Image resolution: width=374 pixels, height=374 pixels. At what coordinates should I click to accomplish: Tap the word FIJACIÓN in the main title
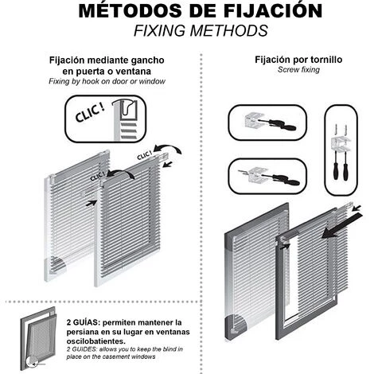(273, 10)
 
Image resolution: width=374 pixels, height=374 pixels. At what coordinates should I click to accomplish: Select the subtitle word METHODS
(229, 30)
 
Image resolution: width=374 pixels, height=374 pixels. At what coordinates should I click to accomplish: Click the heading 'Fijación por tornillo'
(298, 60)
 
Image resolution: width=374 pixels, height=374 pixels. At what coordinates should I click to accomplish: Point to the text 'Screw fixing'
(298, 70)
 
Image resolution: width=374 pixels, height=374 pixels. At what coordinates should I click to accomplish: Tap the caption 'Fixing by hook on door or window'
(107, 81)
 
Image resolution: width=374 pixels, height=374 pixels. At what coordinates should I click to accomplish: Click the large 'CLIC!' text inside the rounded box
(89, 114)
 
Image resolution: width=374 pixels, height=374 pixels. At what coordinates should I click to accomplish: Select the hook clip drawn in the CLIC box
(125, 108)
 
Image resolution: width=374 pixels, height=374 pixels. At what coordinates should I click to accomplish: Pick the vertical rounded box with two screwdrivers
(341, 150)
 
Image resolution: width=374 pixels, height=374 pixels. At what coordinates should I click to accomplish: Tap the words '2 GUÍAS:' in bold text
(83, 323)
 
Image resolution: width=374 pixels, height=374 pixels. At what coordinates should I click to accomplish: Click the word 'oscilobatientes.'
(96, 341)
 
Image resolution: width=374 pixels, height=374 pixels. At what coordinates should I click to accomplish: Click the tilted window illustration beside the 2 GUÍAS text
(39, 338)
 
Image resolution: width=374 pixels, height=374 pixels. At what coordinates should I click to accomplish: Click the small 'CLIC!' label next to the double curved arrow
(145, 155)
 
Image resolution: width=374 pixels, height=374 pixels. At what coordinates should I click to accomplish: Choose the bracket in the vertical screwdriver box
(341, 144)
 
